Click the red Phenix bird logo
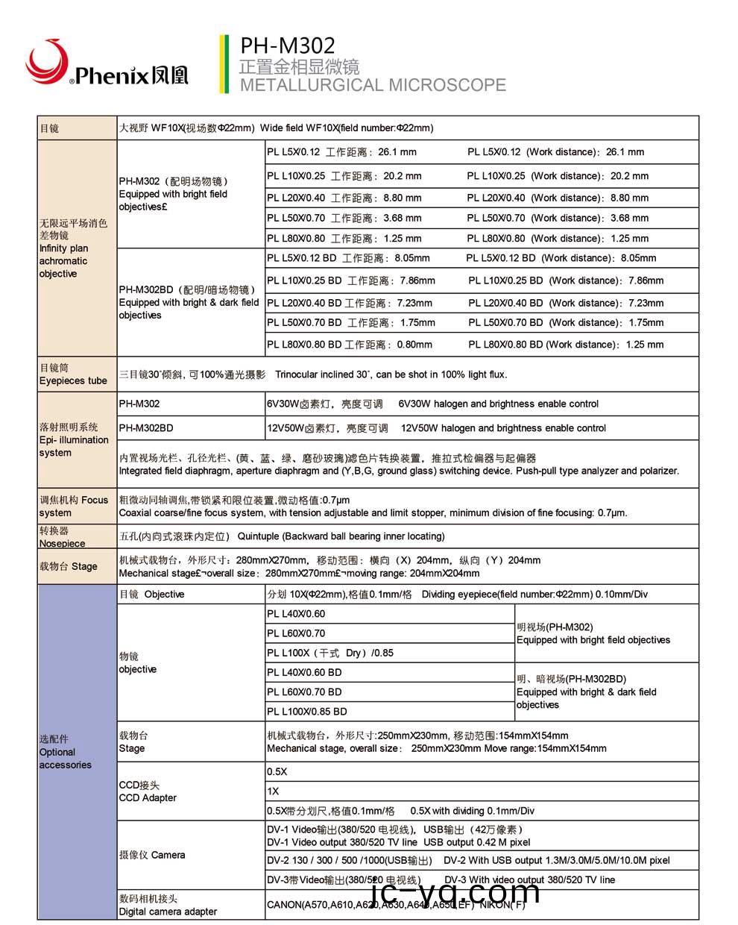tap(46, 62)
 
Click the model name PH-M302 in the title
tap(287, 46)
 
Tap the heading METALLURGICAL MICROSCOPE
tap(373, 85)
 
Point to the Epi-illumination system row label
tap(74, 440)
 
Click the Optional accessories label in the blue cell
tap(66, 752)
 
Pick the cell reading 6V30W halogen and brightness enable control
tap(432, 404)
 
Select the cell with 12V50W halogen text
tap(436, 428)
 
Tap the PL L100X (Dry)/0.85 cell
tap(330, 653)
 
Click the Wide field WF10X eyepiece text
tap(276, 128)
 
